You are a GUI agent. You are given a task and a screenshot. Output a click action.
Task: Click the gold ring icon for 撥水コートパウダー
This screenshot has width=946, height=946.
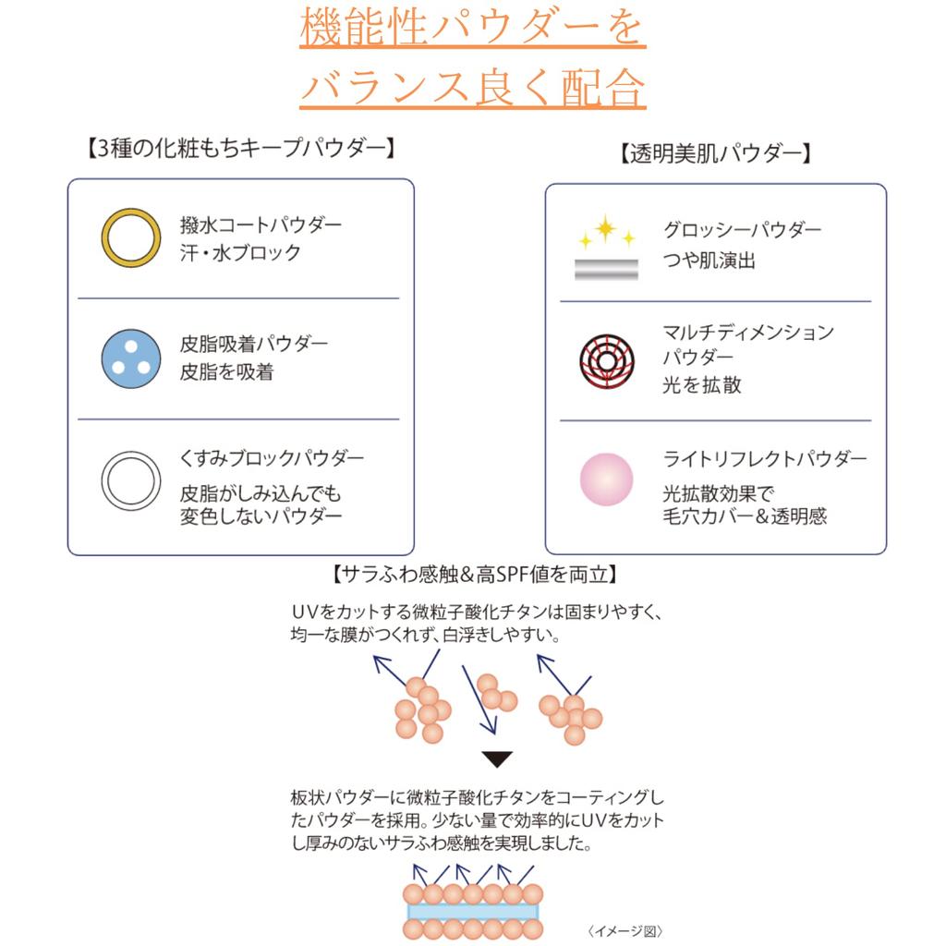pyautogui.click(x=130, y=237)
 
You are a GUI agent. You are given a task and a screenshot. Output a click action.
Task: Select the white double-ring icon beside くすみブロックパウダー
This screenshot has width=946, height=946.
pyautogui.click(x=130, y=480)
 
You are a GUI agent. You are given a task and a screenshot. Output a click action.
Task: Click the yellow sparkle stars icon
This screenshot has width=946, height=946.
pyautogui.click(x=607, y=233)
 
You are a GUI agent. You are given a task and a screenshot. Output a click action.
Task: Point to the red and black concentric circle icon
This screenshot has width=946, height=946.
pyautogui.click(x=606, y=358)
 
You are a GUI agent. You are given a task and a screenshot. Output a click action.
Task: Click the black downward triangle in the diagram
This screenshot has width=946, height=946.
pyautogui.click(x=498, y=759)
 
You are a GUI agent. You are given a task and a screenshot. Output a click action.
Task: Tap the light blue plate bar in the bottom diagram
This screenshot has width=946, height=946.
pyautogui.click(x=473, y=910)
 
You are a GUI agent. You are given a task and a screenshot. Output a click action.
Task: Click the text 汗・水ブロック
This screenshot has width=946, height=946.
pyautogui.click(x=240, y=252)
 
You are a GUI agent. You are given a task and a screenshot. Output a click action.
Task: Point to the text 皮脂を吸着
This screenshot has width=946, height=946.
pyautogui.click(x=226, y=372)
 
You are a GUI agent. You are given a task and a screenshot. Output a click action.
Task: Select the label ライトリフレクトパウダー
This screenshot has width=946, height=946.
pyautogui.click(x=765, y=459)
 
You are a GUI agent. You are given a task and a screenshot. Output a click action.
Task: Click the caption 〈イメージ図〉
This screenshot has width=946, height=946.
pyautogui.click(x=625, y=930)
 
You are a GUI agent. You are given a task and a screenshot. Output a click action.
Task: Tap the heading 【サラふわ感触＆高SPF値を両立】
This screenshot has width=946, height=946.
pyautogui.click(x=473, y=575)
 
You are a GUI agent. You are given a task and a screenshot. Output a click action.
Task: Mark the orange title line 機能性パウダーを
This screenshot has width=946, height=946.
pyautogui.click(x=472, y=30)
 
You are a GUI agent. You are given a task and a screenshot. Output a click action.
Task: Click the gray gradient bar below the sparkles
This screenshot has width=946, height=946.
pyautogui.click(x=606, y=270)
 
